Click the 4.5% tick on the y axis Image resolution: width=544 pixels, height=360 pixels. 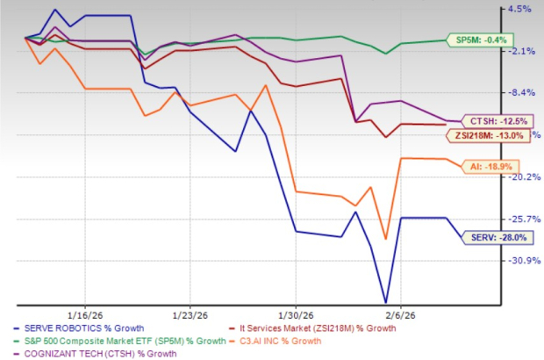click(519, 10)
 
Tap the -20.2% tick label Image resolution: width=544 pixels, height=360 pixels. click(518, 176)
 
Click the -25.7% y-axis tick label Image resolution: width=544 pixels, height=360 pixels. click(518, 219)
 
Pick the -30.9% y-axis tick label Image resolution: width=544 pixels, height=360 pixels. click(518, 261)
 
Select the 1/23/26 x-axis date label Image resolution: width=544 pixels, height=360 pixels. click(190, 313)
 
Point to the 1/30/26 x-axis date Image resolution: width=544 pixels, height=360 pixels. click(295, 313)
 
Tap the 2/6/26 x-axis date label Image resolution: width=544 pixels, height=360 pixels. click(399, 313)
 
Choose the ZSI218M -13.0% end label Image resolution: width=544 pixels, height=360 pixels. click(486, 135)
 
